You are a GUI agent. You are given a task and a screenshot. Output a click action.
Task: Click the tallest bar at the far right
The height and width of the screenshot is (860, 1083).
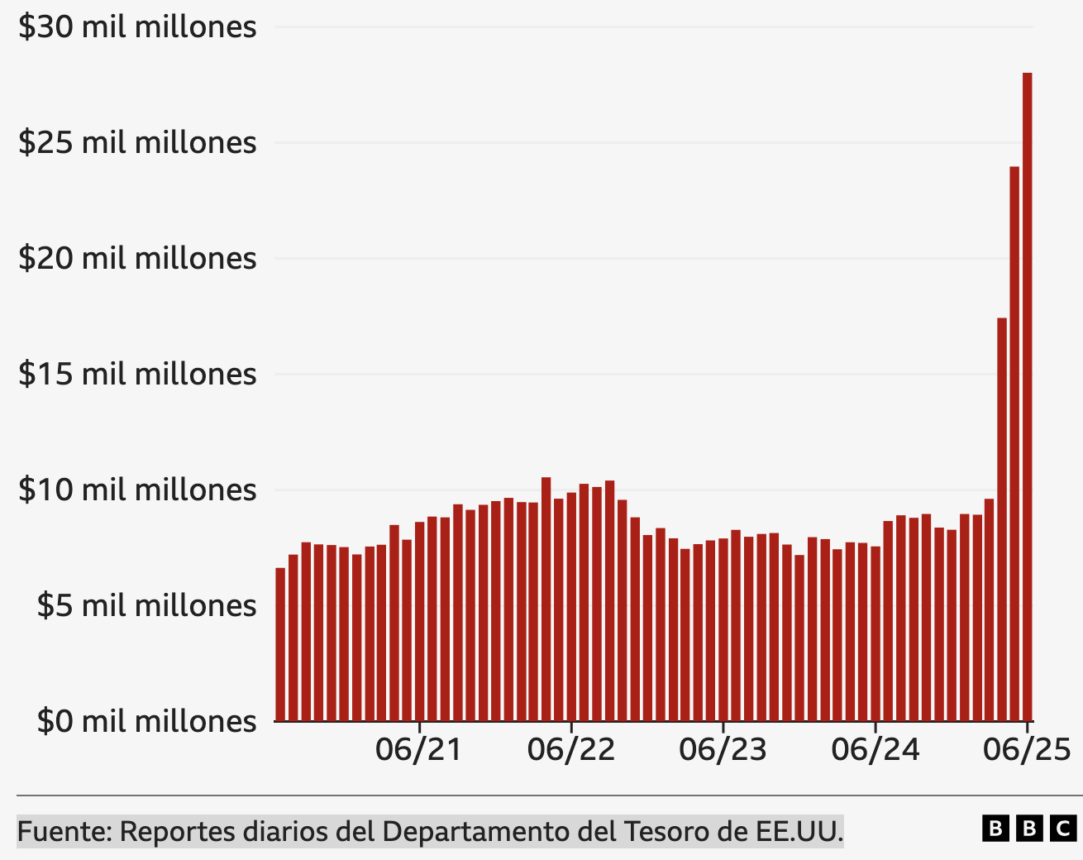click(x=1027, y=397)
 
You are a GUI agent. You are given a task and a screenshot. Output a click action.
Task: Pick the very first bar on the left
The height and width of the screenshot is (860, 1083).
click(x=280, y=644)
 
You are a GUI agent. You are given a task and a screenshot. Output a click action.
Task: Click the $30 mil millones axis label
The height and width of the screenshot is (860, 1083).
click(x=137, y=27)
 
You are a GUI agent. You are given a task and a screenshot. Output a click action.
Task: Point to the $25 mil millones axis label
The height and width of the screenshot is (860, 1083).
click(x=137, y=143)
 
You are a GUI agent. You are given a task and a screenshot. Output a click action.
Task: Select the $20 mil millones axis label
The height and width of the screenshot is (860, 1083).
click(x=137, y=259)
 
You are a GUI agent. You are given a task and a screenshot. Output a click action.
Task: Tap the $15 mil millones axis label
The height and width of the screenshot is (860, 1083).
click(x=137, y=375)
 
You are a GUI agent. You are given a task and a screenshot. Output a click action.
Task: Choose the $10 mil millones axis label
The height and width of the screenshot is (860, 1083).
click(x=137, y=490)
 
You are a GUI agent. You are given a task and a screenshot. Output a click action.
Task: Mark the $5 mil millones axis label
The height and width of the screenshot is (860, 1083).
click(x=146, y=606)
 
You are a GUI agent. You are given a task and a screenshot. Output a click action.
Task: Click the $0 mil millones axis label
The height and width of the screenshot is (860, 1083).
click(x=146, y=722)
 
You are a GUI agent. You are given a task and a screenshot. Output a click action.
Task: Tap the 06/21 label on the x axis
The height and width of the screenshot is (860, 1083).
click(x=418, y=750)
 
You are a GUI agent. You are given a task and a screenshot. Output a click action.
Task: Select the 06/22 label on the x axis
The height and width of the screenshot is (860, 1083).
click(x=571, y=750)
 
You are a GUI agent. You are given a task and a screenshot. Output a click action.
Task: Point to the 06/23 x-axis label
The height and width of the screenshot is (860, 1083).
click(x=723, y=750)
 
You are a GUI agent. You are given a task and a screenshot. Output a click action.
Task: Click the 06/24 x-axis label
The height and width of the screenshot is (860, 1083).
click(x=875, y=750)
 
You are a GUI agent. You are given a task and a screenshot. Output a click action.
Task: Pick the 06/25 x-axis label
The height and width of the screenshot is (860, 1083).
click(x=1027, y=750)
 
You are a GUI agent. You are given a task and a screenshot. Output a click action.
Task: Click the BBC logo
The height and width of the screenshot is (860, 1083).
click(x=1029, y=829)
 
